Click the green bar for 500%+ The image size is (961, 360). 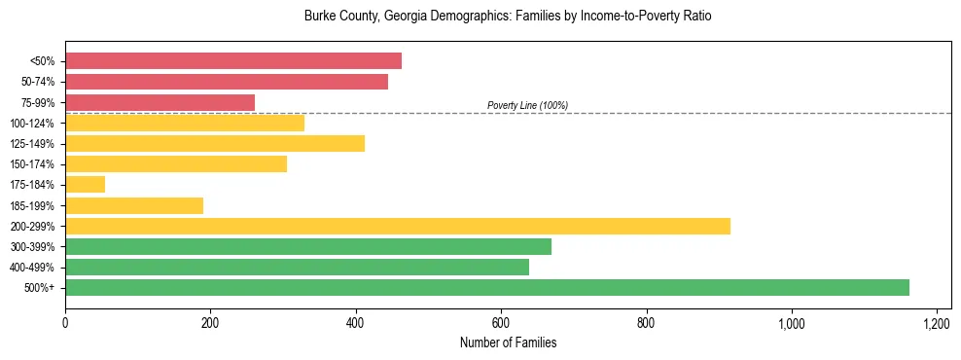tap(486, 287)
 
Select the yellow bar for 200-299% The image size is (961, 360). tap(397, 226)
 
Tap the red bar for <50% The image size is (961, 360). tap(233, 61)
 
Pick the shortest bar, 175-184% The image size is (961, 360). tap(85, 185)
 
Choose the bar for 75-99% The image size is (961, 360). tap(160, 102)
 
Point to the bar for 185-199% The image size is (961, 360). tap(134, 205)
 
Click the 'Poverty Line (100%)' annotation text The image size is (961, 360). tap(527, 105)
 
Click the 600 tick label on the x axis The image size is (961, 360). tap(501, 323)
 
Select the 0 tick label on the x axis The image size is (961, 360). tap(65, 323)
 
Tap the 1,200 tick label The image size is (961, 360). tap(936, 323)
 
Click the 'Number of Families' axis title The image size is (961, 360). tap(507, 343)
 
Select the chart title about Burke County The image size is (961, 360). tap(508, 17)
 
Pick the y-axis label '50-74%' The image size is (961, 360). tap(38, 82)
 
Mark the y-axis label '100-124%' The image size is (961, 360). tap(34, 124)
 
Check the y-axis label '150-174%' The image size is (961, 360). tap(34, 164)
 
